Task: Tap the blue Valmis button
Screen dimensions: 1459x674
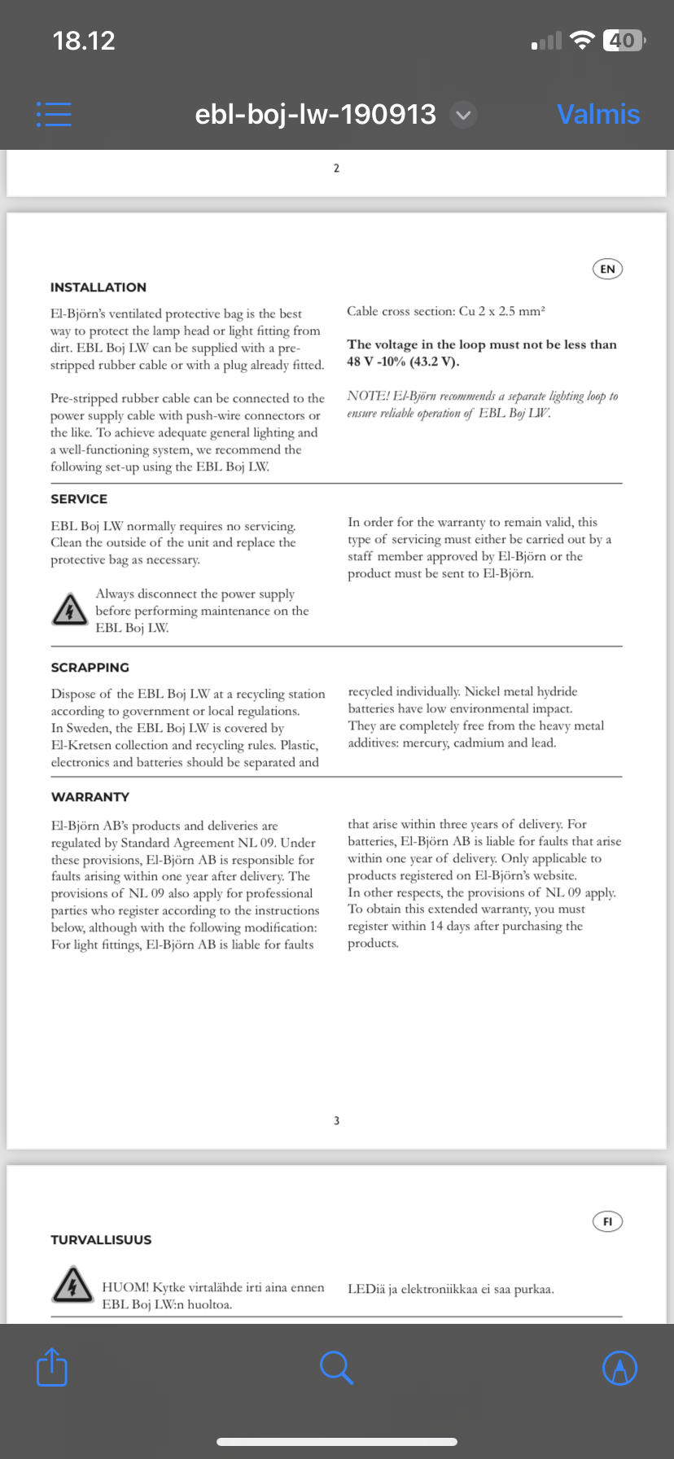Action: click(x=598, y=114)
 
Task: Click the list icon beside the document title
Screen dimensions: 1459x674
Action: click(x=54, y=114)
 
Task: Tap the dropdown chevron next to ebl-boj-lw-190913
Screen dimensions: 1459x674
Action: click(x=463, y=115)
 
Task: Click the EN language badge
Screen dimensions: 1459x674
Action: click(x=607, y=269)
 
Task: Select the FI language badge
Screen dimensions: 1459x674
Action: click(x=607, y=1221)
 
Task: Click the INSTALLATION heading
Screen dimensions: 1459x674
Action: click(x=98, y=287)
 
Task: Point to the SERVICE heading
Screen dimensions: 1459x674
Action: click(x=79, y=499)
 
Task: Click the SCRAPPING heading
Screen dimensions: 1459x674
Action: click(x=90, y=668)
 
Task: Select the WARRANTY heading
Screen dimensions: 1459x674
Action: click(x=90, y=797)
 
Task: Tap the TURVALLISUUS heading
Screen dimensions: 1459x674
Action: click(x=101, y=1240)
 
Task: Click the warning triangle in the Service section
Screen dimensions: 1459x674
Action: click(x=70, y=610)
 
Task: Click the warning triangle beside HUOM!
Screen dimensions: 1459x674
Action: click(x=72, y=1285)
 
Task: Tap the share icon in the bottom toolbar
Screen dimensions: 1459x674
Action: click(x=52, y=1367)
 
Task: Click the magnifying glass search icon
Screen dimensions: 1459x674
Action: click(x=336, y=1367)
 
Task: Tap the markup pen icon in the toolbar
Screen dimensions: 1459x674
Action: click(x=619, y=1368)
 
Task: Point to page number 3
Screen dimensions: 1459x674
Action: click(x=336, y=1121)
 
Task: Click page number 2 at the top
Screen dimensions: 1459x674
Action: click(x=336, y=169)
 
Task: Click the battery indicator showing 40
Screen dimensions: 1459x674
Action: click(x=623, y=40)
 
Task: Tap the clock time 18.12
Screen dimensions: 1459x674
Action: click(x=84, y=40)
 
